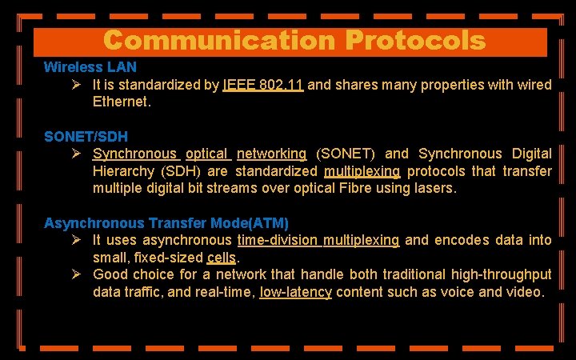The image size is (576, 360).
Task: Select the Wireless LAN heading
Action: pos(90,67)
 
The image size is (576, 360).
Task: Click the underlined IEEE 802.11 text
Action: pos(263,84)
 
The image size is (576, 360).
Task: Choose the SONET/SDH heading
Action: pos(86,137)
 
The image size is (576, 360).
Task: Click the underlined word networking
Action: pos(271,154)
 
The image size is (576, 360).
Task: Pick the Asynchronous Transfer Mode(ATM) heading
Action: pos(166,223)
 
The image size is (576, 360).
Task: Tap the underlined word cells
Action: pos(222,258)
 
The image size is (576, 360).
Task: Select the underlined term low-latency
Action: pos(295,293)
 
